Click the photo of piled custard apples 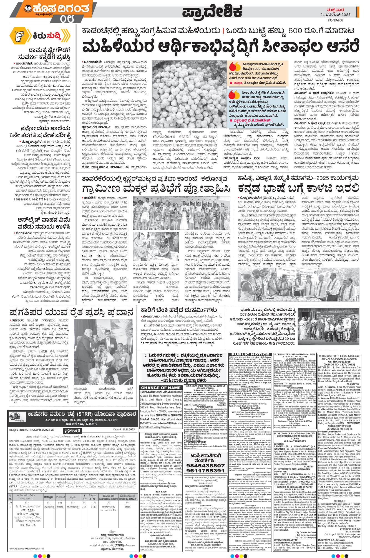pyautogui.click(x=189, y=94)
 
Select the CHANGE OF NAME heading pyautogui.click(x=161, y=388)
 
